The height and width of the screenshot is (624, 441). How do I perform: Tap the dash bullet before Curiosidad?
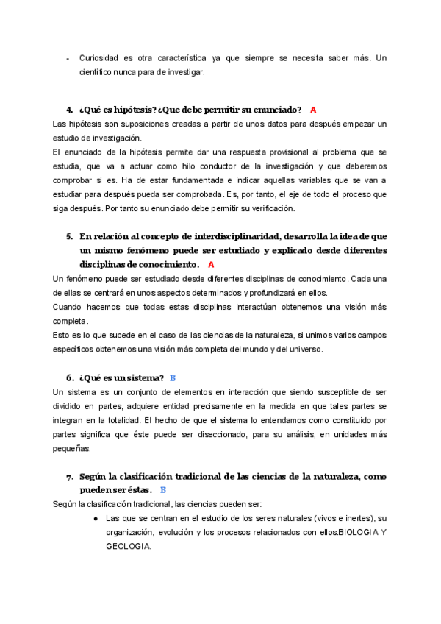[x=68, y=58]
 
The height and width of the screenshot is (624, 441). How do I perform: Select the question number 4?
[x=69, y=110]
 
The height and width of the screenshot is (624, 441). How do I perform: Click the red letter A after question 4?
[x=313, y=110]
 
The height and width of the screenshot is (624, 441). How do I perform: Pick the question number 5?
[x=69, y=236]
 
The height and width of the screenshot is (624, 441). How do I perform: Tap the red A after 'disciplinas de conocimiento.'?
[x=211, y=264]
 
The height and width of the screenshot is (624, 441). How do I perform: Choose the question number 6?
[x=69, y=378]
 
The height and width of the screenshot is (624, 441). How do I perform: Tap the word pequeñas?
[x=71, y=448]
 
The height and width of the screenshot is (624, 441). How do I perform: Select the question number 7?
[x=69, y=477]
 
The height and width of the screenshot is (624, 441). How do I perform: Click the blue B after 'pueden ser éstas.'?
[x=163, y=490]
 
